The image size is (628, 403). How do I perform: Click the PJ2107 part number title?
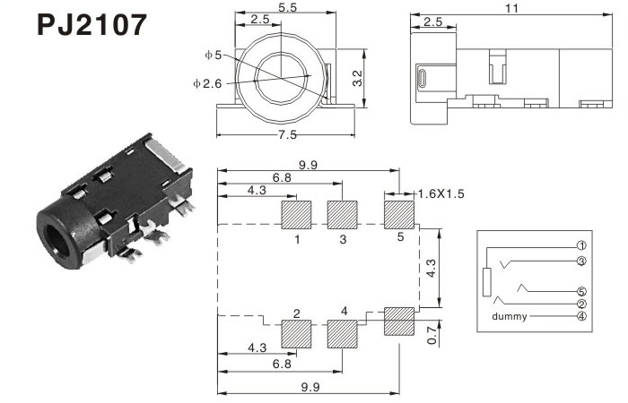(x=92, y=25)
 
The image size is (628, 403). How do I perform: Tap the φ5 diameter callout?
(x=214, y=55)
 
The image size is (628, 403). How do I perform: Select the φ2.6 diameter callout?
(x=207, y=83)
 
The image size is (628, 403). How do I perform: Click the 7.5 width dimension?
(x=288, y=134)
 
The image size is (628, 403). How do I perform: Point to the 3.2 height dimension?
(x=357, y=79)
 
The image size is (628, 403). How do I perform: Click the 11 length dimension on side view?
(x=512, y=8)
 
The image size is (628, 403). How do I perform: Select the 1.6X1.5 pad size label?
(x=441, y=194)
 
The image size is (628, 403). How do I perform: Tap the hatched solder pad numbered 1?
(x=296, y=215)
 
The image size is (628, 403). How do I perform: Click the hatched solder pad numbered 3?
(x=343, y=215)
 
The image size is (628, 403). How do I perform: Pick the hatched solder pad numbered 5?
(x=399, y=215)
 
